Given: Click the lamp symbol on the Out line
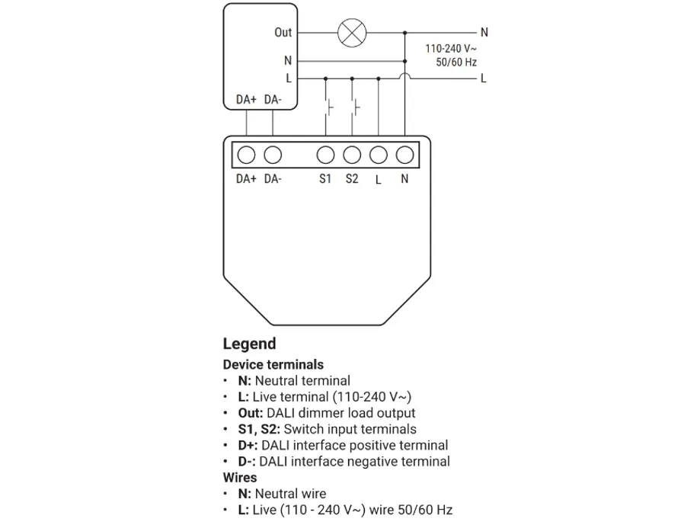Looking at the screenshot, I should pos(352,33).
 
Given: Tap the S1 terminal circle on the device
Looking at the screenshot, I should pos(325,155).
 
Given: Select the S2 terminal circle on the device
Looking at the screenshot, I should pos(352,155).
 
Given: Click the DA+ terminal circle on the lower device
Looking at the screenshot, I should pos(246,155).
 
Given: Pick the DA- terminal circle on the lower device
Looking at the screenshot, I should pos(273,155).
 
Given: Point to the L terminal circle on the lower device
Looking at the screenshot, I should pos(379,155).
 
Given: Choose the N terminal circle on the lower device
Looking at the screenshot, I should pos(404,155).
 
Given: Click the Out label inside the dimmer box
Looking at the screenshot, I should pos(283,33).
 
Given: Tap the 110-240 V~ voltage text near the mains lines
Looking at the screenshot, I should pos(451,48).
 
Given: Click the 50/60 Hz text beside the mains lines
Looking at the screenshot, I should pos(457,62).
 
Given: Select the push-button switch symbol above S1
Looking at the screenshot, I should pos(328,107).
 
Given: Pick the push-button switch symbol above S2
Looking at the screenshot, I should pos(354,107).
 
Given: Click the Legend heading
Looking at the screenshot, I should pos(249,344).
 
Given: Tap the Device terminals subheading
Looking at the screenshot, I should pos(273,364).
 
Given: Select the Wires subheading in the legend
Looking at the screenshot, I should pos(240,478).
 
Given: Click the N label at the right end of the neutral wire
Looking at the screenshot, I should pos(484,33).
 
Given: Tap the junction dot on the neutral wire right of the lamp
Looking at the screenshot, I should pos(404,33).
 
